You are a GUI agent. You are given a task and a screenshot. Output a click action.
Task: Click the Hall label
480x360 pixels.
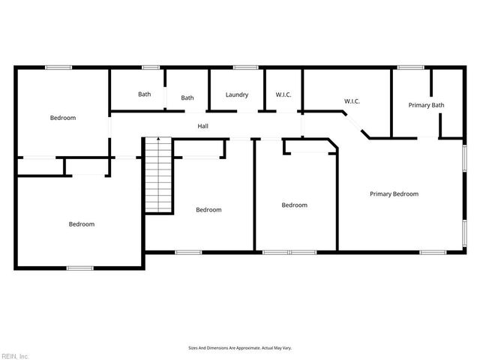pyautogui.click(x=202, y=126)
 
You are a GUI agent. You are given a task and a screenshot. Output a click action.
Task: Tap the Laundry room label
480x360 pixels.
pyautogui.click(x=237, y=94)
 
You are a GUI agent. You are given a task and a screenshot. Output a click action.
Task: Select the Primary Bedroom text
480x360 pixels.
pyautogui.click(x=394, y=193)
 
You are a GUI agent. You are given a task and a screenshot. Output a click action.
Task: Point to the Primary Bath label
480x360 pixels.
pyautogui.click(x=426, y=105)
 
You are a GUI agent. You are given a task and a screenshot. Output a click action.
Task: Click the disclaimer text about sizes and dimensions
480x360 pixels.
pyautogui.click(x=239, y=348)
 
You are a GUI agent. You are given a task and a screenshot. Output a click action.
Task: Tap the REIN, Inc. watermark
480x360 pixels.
pyautogui.click(x=15, y=355)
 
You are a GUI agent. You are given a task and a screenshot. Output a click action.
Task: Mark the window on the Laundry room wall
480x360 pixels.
pyautogui.click(x=244, y=67)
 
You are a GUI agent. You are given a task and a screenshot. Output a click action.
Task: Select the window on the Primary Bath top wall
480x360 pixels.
pyautogui.click(x=410, y=67)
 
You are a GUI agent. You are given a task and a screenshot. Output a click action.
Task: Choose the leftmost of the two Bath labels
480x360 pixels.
pyautogui.click(x=145, y=94)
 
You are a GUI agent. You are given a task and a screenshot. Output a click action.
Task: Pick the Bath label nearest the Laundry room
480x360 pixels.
pyautogui.click(x=187, y=97)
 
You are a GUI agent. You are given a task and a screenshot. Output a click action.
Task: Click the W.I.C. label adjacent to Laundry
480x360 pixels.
pyautogui.click(x=283, y=94)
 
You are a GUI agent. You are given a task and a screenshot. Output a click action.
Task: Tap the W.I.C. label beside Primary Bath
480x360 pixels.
pyautogui.click(x=352, y=100)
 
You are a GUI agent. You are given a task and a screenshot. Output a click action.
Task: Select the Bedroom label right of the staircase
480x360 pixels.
pyautogui.click(x=208, y=210)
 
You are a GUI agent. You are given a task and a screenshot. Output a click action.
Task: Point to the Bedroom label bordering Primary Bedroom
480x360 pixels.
pyautogui.click(x=294, y=205)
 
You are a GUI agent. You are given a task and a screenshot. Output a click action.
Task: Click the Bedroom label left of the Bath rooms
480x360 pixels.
pyautogui.click(x=63, y=118)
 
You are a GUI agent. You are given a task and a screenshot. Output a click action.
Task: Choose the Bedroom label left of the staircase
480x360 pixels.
pyautogui.click(x=82, y=224)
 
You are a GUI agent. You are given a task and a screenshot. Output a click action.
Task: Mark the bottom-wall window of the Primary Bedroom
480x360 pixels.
pyautogui.click(x=433, y=252)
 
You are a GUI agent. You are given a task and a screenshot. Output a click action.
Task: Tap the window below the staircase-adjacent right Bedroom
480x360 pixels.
pyautogui.click(x=188, y=252)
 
